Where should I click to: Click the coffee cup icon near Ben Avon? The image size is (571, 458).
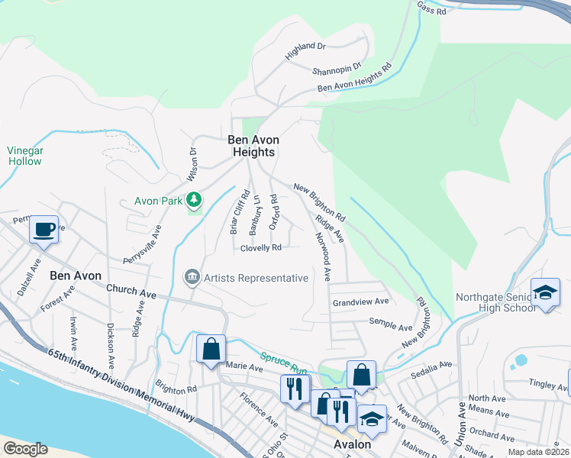tap(44, 229)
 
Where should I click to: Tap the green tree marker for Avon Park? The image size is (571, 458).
tap(195, 200)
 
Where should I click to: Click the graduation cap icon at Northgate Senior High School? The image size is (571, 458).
tap(545, 293)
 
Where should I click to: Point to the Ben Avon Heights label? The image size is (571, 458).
tap(253, 146)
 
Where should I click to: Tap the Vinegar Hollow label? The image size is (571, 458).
tap(24, 156)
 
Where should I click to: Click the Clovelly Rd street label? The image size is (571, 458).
tap(261, 248)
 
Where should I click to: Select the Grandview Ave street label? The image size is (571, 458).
tap(360, 302)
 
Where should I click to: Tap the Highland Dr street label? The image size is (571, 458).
tap(305, 51)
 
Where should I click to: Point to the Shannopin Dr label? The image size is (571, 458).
tap(336, 71)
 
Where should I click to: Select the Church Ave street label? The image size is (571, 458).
tap(131, 290)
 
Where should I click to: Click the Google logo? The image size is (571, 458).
tap(25, 449)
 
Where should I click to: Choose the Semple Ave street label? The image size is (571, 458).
tap(390, 327)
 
